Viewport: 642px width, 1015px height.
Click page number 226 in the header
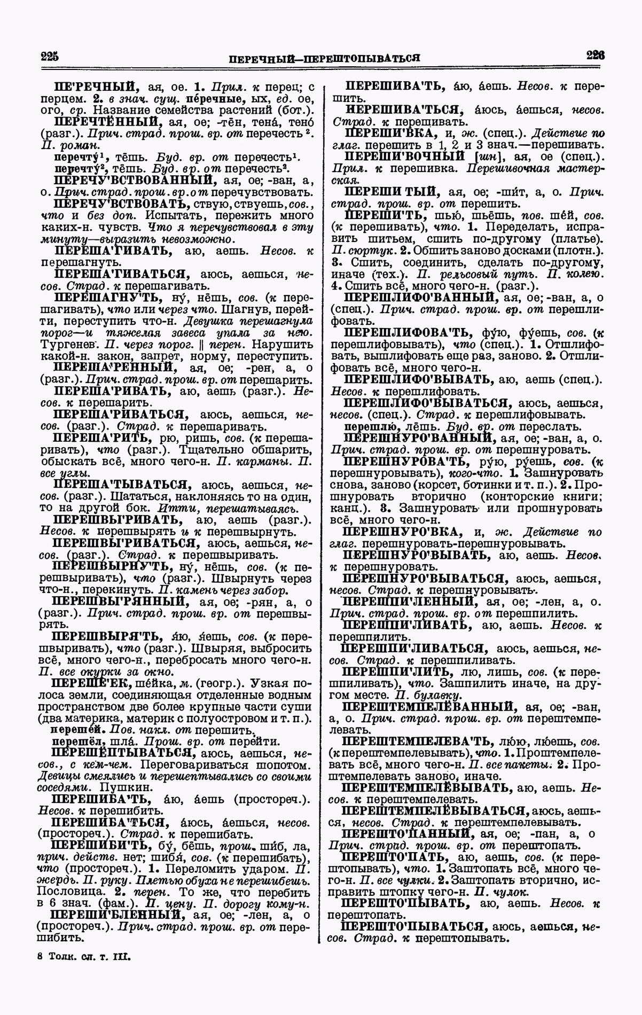pos(594,56)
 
